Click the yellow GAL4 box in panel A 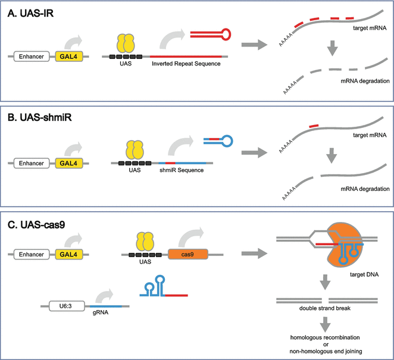[68, 57]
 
